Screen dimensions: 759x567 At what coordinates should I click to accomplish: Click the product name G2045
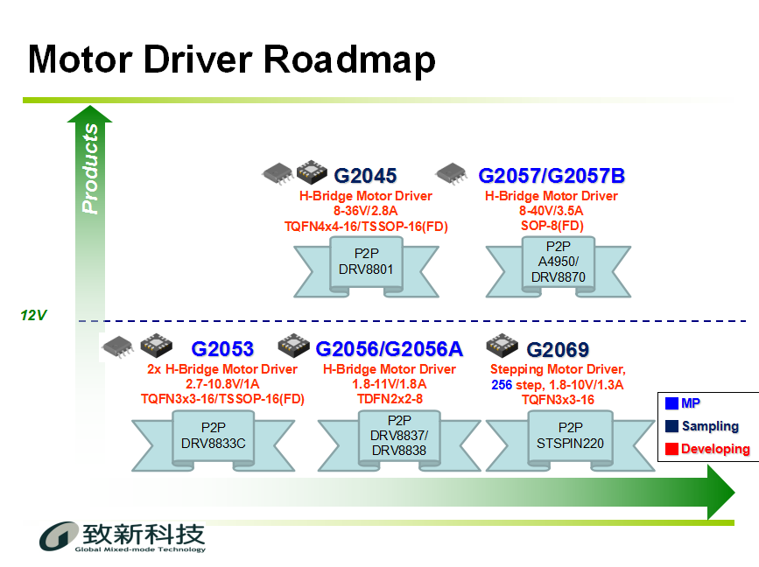pos(365,176)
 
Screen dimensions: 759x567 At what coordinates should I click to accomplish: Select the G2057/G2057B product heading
pos(552,176)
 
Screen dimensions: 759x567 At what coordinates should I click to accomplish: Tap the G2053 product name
pos(222,349)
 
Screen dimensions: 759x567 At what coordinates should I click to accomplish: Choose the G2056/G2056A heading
pos(390,349)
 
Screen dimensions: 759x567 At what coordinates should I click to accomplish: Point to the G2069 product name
pos(558,350)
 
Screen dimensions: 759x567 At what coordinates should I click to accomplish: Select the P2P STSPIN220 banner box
pos(570,439)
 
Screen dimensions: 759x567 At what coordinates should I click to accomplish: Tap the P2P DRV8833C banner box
pos(214,439)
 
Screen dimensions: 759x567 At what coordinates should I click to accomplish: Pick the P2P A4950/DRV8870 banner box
pos(559,265)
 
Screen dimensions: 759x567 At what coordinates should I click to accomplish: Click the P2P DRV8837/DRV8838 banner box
pos(399,439)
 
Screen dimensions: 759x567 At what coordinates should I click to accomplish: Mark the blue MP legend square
pos(671,403)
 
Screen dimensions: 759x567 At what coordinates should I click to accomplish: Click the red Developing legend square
pos(671,449)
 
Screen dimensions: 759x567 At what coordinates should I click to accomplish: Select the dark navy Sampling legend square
pos(671,426)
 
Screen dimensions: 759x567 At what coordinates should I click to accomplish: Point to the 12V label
pos(33,315)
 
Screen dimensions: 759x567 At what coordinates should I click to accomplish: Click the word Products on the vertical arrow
pos(90,168)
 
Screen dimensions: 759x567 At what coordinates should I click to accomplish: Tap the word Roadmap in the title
pos(349,59)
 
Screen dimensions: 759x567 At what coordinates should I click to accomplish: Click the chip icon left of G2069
pos(502,345)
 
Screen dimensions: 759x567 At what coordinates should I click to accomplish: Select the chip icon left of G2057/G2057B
pos(452,173)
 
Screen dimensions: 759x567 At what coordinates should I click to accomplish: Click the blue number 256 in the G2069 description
pos(502,385)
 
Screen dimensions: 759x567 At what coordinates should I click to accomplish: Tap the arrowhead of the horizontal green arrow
pos(721,493)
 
